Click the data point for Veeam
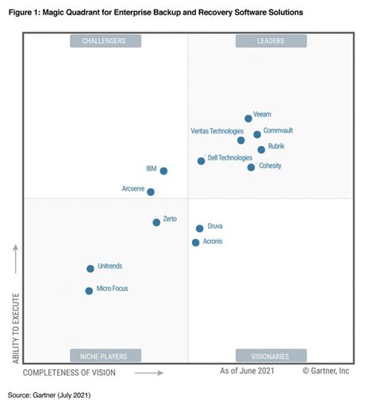click(x=248, y=118)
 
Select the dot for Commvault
click(x=257, y=134)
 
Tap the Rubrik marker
click(x=261, y=149)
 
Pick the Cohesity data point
click(x=251, y=167)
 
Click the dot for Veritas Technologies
click(x=241, y=140)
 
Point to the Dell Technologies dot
click(x=201, y=160)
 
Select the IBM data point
click(x=163, y=171)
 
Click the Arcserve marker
click(x=151, y=191)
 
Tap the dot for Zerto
click(x=156, y=222)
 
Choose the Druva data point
click(x=199, y=229)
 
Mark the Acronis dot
click(x=195, y=242)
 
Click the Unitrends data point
click(x=90, y=268)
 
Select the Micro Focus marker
click(x=89, y=291)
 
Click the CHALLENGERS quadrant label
click(x=105, y=41)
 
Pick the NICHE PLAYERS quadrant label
click(x=105, y=355)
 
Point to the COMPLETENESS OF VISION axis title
click(x=69, y=372)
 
